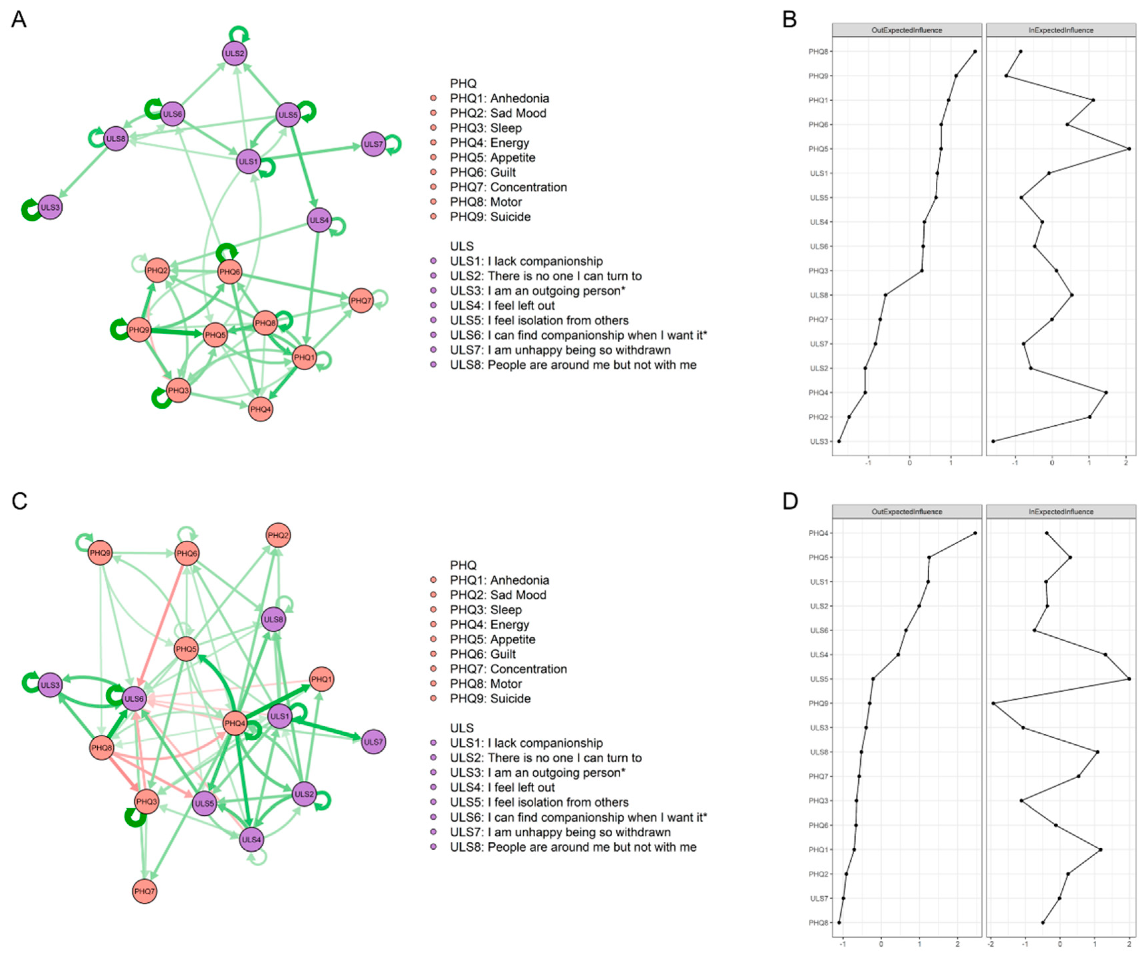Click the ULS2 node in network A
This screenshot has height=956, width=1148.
[x=235, y=53]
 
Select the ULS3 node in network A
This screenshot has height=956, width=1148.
[x=50, y=207]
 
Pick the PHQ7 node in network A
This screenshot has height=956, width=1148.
[x=361, y=301]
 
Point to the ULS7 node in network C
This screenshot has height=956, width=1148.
[x=374, y=742]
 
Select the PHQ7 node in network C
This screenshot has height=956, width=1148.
[x=145, y=892]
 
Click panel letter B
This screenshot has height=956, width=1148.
[x=789, y=20]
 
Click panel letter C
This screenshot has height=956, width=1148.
[x=19, y=501]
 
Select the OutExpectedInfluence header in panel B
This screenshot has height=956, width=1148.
[x=906, y=30]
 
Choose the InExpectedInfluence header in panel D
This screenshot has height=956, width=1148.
[x=1061, y=512]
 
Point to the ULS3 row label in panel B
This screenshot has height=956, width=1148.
[x=818, y=441]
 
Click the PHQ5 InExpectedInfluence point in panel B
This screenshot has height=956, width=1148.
[x=1129, y=149]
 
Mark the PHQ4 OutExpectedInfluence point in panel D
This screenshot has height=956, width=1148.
[x=975, y=533]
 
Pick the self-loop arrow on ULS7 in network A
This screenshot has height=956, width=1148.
[x=394, y=144]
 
